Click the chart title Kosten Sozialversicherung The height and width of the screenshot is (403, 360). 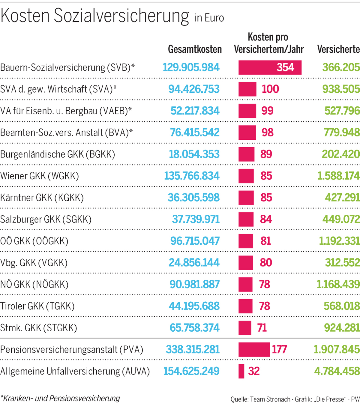[95, 16]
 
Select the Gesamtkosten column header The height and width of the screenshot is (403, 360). [195, 49]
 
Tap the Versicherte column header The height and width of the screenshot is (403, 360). [338, 49]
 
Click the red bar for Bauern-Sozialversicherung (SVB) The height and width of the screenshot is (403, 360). [270, 67]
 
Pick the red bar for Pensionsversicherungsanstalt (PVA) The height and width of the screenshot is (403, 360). [254, 350]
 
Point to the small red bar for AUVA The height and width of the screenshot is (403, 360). [241, 371]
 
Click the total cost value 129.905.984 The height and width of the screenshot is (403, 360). [191, 67]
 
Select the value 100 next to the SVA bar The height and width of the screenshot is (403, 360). [270, 89]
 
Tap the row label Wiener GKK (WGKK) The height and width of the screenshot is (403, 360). [40, 176]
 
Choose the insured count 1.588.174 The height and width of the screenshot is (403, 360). [338, 176]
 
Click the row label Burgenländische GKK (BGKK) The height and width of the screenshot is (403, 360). [58, 154]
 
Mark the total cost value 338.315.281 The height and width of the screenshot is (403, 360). [193, 350]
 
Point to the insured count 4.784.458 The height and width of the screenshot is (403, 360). [337, 371]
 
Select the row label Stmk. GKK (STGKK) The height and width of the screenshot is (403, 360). [39, 328]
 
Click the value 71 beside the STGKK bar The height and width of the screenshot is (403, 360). [262, 328]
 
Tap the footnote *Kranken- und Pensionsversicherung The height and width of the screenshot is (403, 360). [60, 398]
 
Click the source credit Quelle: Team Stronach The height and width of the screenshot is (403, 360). [260, 399]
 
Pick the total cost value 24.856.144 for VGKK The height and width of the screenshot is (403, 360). [194, 263]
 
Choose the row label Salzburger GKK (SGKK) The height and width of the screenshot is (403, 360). [46, 219]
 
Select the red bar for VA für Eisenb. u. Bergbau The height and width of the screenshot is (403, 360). [247, 111]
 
